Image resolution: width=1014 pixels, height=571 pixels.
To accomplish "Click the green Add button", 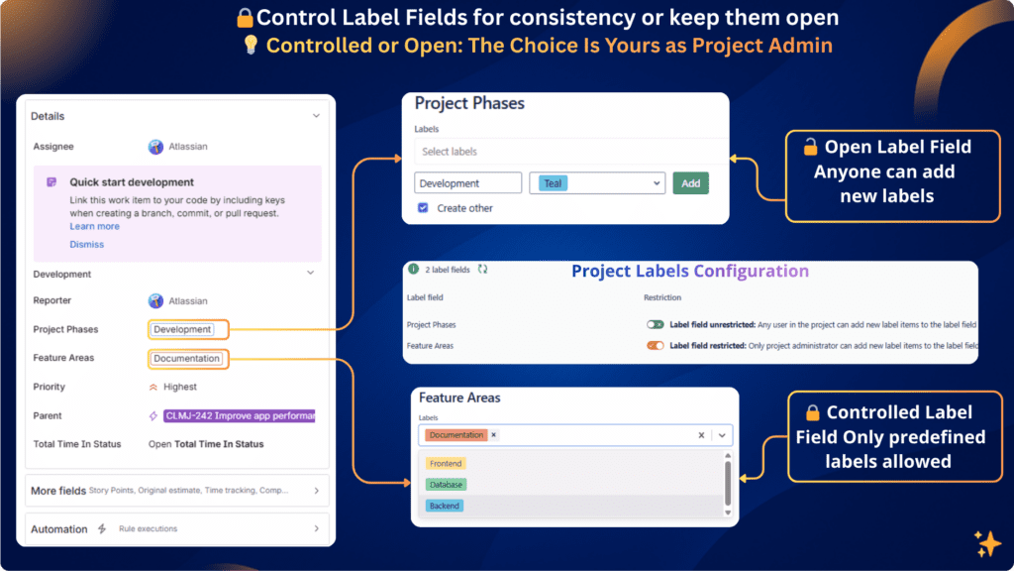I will click(x=690, y=183).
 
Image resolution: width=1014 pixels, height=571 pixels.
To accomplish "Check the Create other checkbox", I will click(x=423, y=208).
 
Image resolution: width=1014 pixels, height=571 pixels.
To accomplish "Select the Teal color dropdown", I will click(x=596, y=183).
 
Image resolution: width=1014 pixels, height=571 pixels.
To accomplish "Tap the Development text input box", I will click(x=467, y=183).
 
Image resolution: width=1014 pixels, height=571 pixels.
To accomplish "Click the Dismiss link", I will click(x=86, y=244).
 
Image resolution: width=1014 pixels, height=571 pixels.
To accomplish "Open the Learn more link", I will click(x=94, y=226).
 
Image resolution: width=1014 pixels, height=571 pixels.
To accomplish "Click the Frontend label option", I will click(x=446, y=464).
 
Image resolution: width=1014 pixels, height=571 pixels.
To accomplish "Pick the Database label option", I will click(x=446, y=485).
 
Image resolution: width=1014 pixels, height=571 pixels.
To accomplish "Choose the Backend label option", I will click(x=445, y=506).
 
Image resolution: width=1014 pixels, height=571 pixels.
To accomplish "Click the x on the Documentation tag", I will click(x=494, y=435).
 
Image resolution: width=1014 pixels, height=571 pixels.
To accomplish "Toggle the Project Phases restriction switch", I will click(x=655, y=324).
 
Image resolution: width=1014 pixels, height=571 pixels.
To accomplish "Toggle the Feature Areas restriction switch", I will click(x=655, y=346).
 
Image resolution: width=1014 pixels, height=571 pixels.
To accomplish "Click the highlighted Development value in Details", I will click(x=182, y=329).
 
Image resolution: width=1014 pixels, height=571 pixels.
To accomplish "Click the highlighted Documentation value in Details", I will click(x=186, y=358).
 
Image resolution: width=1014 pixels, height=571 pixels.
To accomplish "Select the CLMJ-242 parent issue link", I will click(x=239, y=415).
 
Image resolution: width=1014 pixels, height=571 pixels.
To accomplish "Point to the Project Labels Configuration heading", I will click(x=690, y=272).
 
